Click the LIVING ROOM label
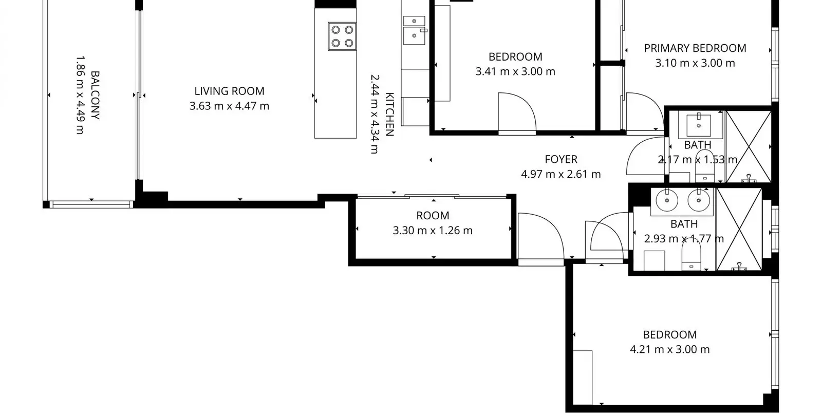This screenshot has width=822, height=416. point(229,91)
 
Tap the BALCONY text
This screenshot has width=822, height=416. point(95,95)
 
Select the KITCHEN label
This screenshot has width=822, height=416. point(390,114)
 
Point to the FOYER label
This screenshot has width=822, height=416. point(561,159)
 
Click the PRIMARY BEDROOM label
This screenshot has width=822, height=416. point(695,48)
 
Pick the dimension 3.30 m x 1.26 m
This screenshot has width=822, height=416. point(433,231)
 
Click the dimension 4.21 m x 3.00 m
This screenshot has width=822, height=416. point(670,349)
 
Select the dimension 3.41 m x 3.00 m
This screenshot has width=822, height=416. point(515,71)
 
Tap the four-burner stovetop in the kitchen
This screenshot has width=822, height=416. point(342,36)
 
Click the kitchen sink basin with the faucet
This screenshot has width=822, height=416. point(414,36)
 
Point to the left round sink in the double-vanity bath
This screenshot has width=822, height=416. point(667,200)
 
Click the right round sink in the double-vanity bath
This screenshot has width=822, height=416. point(699,200)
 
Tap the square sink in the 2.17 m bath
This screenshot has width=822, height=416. point(699,125)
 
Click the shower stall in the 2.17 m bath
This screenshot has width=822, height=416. point(749,147)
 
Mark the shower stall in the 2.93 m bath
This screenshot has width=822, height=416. point(739,230)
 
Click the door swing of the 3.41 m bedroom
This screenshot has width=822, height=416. point(517,112)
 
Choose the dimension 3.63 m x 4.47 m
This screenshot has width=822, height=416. point(229,106)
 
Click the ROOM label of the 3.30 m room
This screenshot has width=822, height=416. point(433,215)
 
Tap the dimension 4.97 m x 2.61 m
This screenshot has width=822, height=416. point(561,174)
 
